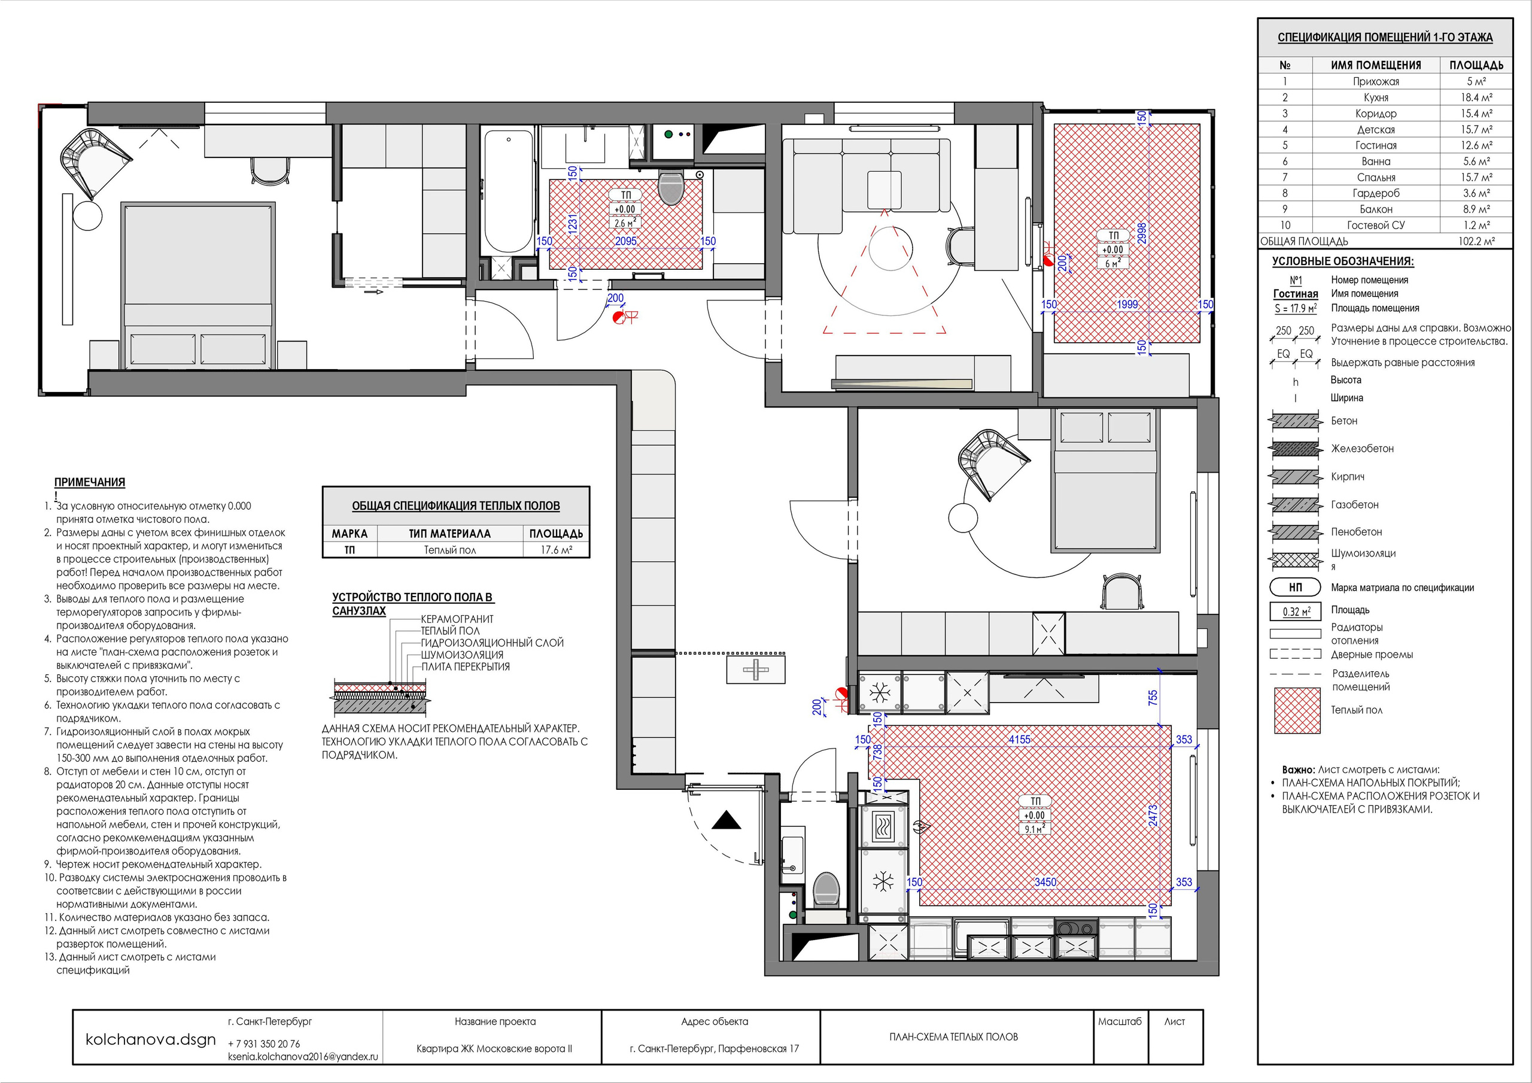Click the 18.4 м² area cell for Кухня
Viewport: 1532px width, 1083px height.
pos(1476,98)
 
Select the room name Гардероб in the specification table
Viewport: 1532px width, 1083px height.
pos(1376,193)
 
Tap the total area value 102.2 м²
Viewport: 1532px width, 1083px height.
pos(1476,242)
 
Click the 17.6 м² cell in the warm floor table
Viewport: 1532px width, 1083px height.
pos(557,550)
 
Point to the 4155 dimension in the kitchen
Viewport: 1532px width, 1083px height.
pos(1020,740)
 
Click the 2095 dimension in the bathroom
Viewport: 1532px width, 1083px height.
pos(626,242)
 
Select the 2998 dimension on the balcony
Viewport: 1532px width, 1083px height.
pos(1142,233)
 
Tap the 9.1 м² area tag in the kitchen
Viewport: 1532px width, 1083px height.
pos(1034,829)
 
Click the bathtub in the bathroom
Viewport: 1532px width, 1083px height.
pos(509,191)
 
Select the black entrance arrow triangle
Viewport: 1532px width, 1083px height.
pos(726,821)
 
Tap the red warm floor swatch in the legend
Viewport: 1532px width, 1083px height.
pos(1297,711)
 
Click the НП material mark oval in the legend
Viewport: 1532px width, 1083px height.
pos(1295,587)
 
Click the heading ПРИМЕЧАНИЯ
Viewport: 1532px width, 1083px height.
pos(89,482)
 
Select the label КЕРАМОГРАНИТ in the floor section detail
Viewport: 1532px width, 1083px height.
pos(457,619)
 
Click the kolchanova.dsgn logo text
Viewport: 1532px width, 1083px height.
pos(151,1039)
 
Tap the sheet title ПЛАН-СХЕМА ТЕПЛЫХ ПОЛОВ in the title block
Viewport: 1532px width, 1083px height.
pos(953,1036)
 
